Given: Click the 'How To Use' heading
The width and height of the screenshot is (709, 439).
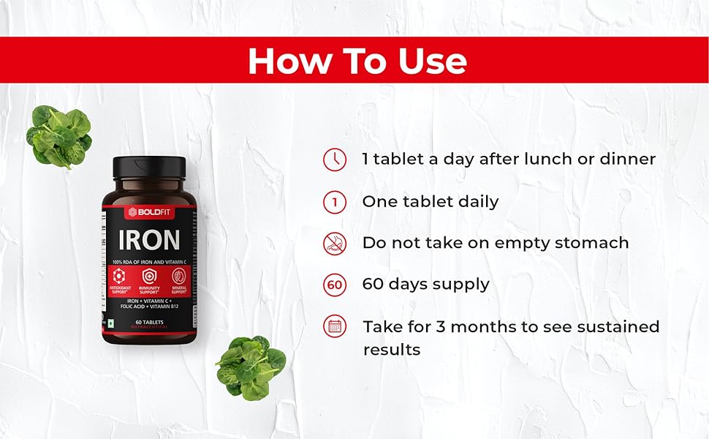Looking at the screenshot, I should pos(357,61).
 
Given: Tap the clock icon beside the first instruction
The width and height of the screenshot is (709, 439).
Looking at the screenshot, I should pos(335,160).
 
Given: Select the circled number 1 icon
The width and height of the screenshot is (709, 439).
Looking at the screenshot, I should pos(335,202).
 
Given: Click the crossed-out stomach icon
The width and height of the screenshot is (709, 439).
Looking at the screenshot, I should pos(335,243).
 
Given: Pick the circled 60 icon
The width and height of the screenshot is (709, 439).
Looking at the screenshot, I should pos(335,284).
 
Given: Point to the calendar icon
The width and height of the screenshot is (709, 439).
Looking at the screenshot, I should pos(335,326).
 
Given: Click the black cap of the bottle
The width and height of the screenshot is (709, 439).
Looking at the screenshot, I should pos(149,168).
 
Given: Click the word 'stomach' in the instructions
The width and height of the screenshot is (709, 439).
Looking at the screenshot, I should pos(591,243).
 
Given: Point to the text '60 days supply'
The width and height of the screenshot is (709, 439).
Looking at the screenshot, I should pos(425,284).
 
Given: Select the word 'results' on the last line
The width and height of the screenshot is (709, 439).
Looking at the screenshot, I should pos(392,350).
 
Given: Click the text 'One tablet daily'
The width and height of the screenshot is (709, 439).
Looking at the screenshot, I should pos(430,202).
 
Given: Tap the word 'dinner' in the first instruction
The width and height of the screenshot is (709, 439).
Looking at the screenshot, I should pos(628,159).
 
